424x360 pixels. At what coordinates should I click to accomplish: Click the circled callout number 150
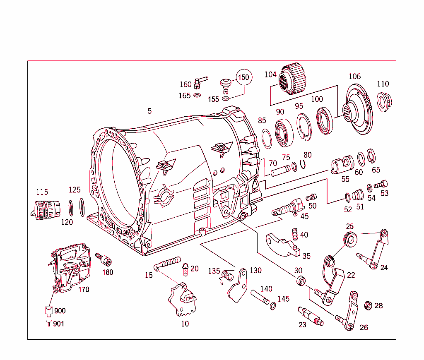point(244,77)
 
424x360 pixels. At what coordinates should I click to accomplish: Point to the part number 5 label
point(149,111)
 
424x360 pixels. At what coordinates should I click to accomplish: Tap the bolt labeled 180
point(104,260)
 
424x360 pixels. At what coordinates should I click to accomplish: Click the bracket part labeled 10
point(183,299)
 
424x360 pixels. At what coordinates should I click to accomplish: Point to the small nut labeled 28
point(367,306)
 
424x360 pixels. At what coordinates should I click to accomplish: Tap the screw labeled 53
point(382,184)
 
